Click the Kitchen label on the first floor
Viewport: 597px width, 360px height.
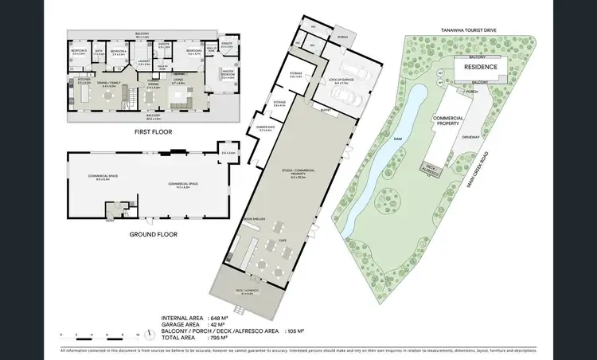click(x=83, y=80)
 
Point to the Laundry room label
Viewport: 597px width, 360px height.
click(x=144, y=61)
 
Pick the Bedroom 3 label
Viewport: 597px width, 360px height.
click(x=78, y=51)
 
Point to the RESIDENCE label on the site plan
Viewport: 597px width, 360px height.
click(x=481, y=68)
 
